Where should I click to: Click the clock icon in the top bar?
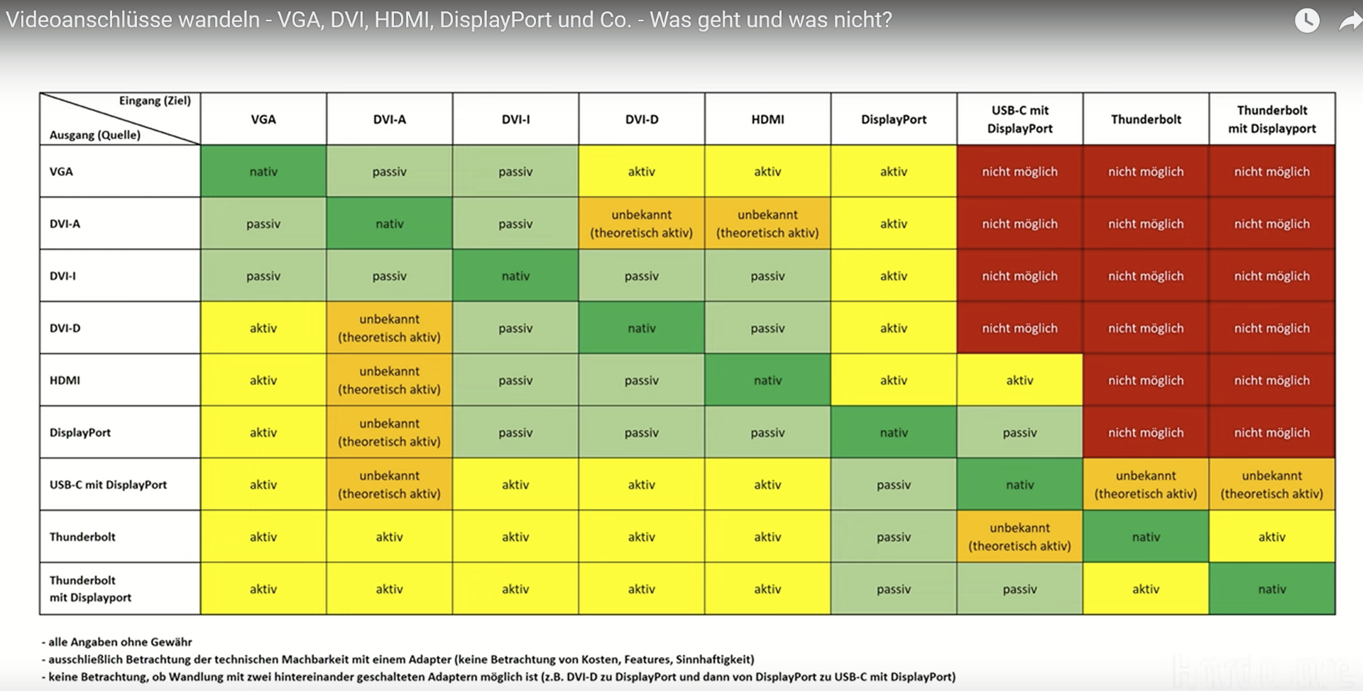click(x=1307, y=20)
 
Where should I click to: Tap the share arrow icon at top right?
click(x=1349, y=21)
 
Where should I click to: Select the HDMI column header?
click(x=767, y=119)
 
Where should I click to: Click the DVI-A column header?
click(x=389, y=119)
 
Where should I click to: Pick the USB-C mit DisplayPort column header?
click(x=1019, y=119)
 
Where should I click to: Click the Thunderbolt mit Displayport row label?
click(x=90, y=589)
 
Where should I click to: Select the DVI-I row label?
click(x=62, y=276)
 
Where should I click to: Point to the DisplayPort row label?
click(x=80, y=432)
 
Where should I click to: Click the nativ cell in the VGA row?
click(x=263, y=171)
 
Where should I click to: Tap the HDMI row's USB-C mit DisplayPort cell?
click(x=1019, y=380)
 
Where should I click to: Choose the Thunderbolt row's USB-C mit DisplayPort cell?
click(x=1019, y=537)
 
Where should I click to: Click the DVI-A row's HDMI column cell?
click(x=767, y=224)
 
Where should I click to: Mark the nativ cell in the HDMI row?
click(x=767, y=380)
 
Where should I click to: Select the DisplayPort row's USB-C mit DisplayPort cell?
click(x=1019, y=432)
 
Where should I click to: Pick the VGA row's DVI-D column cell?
click(x=641, y=171)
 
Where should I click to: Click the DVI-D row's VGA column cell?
click(x=263, y=328)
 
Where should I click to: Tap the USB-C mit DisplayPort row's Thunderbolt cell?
click(x=1146, y=484)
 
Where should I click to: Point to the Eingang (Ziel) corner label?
click(x=155, y=101)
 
